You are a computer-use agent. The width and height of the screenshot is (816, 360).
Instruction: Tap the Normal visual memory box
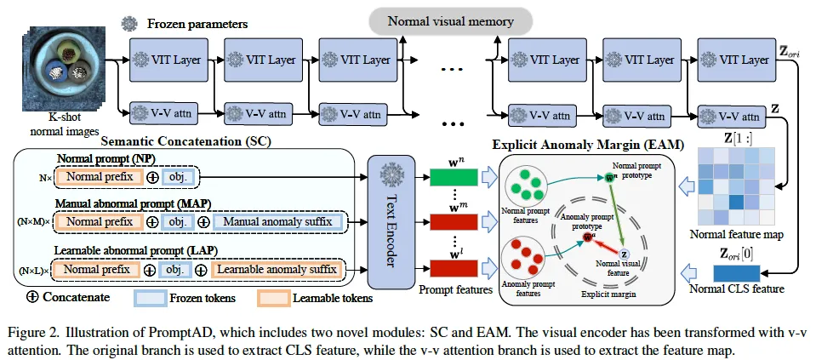tap(452, 20)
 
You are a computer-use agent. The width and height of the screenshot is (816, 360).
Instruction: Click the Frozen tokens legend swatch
tap(159, 299)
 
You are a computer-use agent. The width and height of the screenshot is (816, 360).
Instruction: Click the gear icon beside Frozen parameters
tap(129, 24)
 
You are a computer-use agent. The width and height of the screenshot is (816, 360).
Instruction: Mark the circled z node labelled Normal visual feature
tap(624, 254)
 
